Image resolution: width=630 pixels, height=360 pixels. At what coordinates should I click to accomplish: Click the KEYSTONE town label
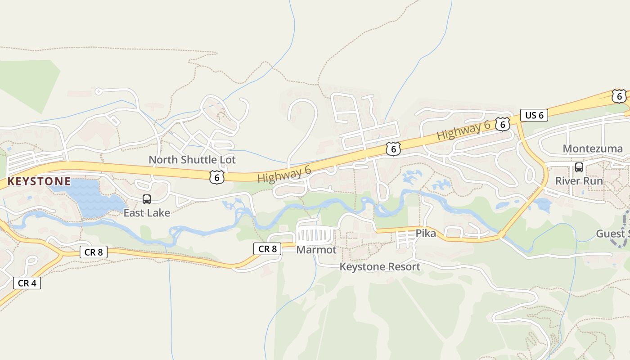point(39,181)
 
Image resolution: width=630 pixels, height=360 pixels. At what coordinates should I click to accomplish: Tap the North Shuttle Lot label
point(192,160)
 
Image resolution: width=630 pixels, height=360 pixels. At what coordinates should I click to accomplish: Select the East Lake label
point(147,213)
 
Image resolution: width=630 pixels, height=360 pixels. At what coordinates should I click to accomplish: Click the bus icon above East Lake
point(147,199)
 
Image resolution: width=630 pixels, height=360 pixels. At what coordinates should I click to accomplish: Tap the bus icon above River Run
point(579,167)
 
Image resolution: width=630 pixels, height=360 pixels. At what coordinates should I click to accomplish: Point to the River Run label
point(579,181)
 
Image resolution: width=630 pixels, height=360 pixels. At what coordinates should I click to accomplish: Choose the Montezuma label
point(593,148)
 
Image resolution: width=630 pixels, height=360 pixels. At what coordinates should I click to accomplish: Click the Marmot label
point(316,249)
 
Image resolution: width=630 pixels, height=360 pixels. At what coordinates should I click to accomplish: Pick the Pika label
point(425,234)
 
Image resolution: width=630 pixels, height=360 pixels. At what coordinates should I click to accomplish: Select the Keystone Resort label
point(379,267)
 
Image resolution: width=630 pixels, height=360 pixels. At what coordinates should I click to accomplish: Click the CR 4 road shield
point(27,283)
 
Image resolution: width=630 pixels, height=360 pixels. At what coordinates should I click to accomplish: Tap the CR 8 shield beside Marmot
point(267,248)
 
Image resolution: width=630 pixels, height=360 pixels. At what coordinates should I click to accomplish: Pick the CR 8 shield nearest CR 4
point(94,252)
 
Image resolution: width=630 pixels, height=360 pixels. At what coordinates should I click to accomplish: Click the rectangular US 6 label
point(534,115)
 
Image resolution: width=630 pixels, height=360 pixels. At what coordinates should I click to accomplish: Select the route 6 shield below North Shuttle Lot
point(217,177)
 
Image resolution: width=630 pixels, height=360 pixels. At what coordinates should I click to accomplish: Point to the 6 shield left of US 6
point(502,124)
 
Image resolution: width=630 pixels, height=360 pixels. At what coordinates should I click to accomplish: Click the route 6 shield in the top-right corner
point(619,96)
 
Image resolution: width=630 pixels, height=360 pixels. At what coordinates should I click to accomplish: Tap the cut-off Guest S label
point(612,234)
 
